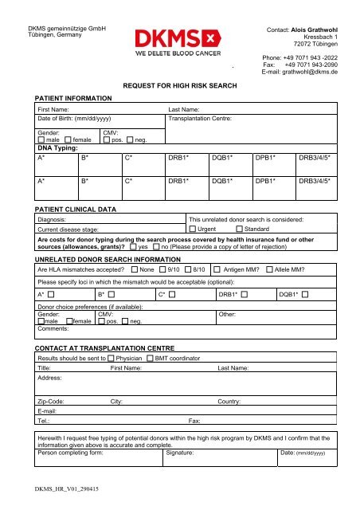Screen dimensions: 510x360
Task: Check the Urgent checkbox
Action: [191, 229]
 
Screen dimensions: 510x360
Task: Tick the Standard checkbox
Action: [240, 229]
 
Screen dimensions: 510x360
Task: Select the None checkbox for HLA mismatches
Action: [133, 269]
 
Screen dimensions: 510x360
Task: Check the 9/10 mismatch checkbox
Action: [162, 269]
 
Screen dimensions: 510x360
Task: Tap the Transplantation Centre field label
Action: [200, 118]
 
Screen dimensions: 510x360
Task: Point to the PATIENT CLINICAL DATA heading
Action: [76, 209]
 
